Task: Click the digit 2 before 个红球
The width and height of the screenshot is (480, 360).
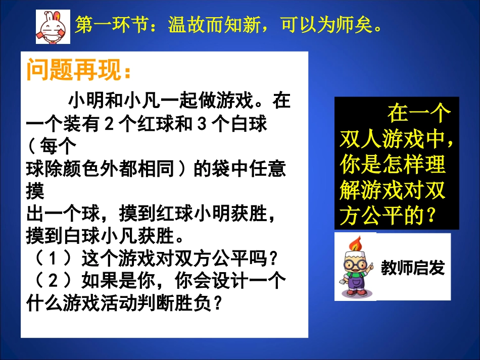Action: pyautogui.click(x=108, y=124)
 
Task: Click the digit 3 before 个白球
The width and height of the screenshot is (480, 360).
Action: pyautogui.click(x=202, y=124)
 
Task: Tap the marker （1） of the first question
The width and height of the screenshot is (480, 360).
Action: pyautogui.click(x=51, y=259)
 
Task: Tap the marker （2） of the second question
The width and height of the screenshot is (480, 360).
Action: pyautogui.click(x=51, y=280)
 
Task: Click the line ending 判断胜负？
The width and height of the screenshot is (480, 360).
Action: pyautogui.click(x=124, y=303)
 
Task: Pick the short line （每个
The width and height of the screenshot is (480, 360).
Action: pyautogui.click(x=51, y=147)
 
